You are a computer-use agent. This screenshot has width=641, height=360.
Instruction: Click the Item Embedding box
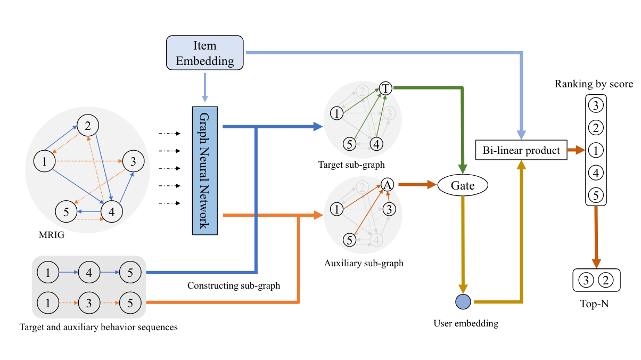pyautogui.click(x=205, y=53)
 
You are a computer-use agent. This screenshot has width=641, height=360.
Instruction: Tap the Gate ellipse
pyautogui.click(x=462, y=186)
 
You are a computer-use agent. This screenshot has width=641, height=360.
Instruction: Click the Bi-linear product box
pyautogui.click(x=521, y=151)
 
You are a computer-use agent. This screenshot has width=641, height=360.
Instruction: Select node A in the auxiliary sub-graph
pyautogui.click(x=388, y=185)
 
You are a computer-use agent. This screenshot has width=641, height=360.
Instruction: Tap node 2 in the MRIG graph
pyautogui.click(x=88, y=126)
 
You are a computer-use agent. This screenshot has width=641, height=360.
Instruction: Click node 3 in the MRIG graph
pyautogui.click(x=133, y=160)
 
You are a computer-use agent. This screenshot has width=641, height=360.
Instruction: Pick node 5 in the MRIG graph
pyautogui.click(x=66, y=211)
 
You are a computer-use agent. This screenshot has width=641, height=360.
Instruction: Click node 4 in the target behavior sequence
pyautogui.click(x=89, y=274)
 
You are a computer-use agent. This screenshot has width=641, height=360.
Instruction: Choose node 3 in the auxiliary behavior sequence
pyautogui.click(x=89, y=303)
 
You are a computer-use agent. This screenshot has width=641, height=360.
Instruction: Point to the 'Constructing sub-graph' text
pyautogui.click(x=233, y=286)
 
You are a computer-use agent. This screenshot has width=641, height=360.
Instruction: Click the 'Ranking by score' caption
pyautogui.click(x=594, y=84)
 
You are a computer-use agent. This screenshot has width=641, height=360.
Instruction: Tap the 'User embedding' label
pyautogui.click(x=466, y=323)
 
